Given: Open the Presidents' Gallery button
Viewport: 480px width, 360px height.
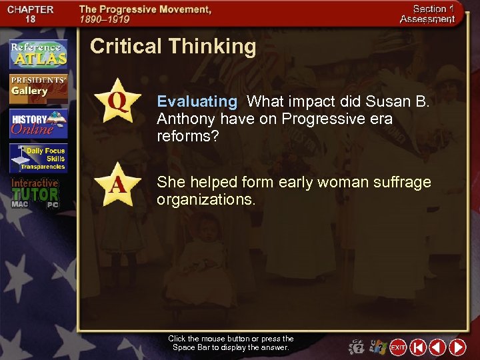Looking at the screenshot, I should pyautogui.click(x=38, y=87).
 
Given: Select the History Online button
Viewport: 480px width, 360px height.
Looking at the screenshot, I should pyautogui.click(x=38, y=123).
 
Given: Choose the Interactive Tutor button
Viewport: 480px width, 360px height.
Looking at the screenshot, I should pyautogui.click(x=35, y=193).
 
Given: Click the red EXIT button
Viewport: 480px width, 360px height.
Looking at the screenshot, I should pyautogui.click(x=398, y=347).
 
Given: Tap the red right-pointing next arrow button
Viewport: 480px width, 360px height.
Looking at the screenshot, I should pyautogui.click(x=457, y=347).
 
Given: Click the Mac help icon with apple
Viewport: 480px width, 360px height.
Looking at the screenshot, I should pyautogui.click(x=357, y=347).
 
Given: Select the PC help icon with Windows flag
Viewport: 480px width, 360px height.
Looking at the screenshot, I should pyautogui.click(x=377, y=347).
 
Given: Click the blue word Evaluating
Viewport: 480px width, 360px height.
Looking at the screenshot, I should pyautogui.click(x=197, y=101).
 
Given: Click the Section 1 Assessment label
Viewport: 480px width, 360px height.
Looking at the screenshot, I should pyautogui.click(x=427, y=14).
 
